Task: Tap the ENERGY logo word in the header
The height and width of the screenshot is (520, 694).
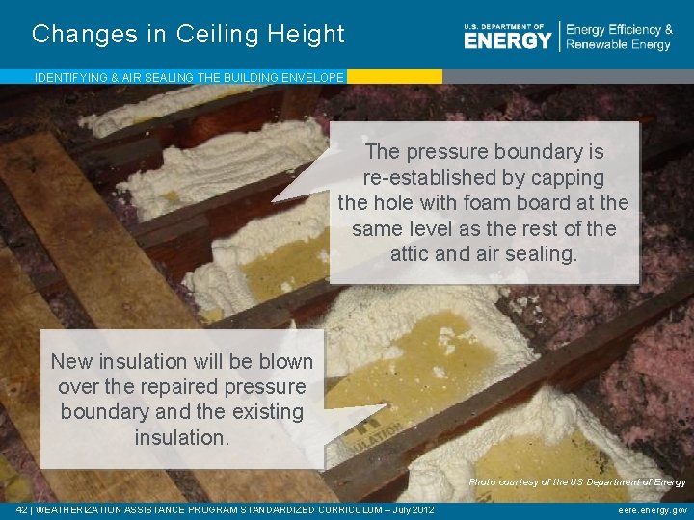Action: point(508,39)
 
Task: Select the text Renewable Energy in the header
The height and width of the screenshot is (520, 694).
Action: point(618,45)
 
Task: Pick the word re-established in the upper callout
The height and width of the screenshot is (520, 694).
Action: point(437,178)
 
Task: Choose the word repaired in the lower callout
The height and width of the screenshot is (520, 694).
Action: point(171,387)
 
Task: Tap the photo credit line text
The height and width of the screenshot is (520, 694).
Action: point(577,481)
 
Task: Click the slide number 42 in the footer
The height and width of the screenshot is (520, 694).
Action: point(22,510)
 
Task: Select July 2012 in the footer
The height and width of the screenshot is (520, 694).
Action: point(411,510)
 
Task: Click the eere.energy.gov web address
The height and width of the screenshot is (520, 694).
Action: point(653,510)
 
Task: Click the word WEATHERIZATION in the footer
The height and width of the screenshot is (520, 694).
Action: point(84,510)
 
